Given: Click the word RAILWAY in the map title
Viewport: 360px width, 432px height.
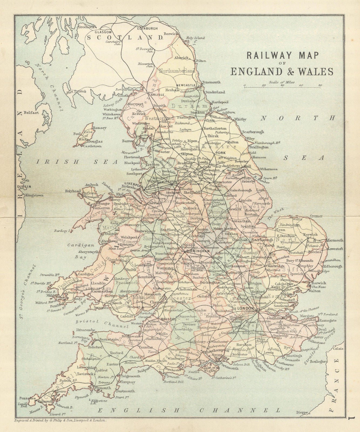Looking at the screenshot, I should click(x=260, y=56).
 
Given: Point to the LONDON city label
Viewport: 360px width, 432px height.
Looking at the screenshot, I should click(x=246, y=308).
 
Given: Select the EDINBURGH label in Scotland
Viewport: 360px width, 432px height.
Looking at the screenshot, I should click(x=147, y=28).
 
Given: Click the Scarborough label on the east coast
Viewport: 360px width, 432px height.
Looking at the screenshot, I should click(x=253, y=132).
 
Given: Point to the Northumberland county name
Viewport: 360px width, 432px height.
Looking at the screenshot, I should click(x=177, y=71).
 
